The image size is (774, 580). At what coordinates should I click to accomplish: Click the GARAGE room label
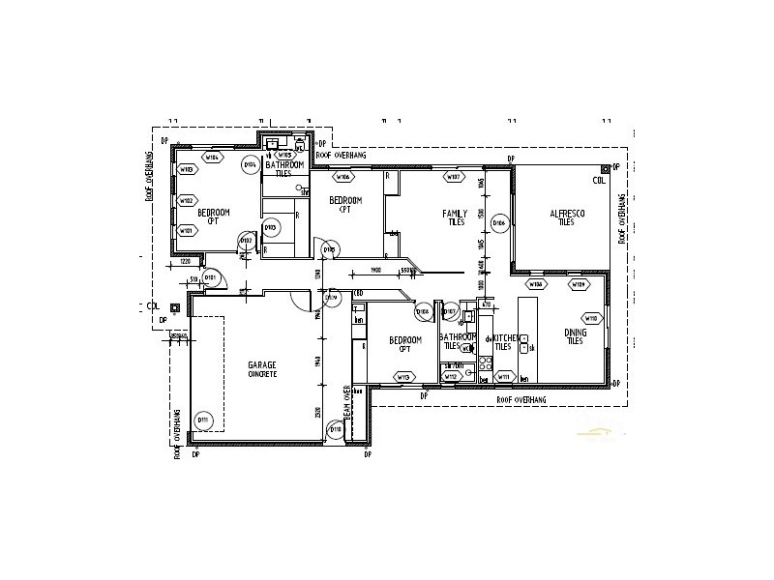point(263,369)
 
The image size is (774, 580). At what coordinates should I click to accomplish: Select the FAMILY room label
point(455,217)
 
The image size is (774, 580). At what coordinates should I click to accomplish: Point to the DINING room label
point(575,335)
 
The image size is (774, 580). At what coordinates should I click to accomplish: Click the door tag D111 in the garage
point(203,420)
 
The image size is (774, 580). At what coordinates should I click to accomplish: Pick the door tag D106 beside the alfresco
point(499,223)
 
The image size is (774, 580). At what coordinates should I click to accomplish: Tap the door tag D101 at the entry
point(212,279)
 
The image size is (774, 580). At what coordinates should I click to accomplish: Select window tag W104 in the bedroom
point(212,156)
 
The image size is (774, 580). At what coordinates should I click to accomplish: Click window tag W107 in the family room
point(451,177)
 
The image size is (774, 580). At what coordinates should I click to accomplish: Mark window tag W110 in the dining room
point(591,318)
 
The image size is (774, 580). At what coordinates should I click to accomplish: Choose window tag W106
point(342,178)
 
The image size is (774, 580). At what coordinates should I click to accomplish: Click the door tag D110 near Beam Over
point(336,429)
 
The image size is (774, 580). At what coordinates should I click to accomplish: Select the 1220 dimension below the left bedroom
point(186,262)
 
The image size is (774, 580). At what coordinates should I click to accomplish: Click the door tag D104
point(250,165)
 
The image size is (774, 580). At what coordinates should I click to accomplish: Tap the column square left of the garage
point(174,307)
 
